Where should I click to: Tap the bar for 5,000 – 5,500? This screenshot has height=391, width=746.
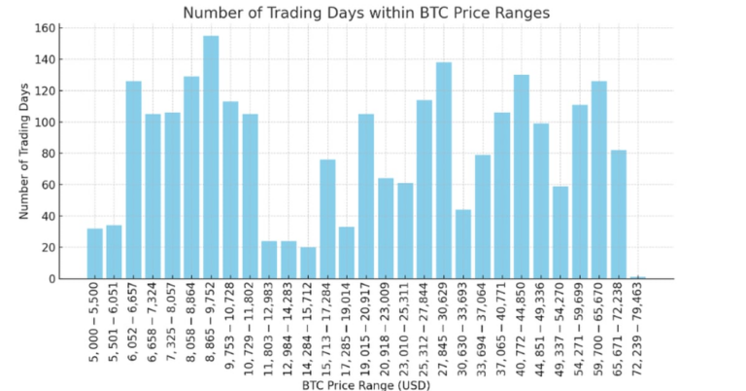pyautogui.click(x=94, y=253)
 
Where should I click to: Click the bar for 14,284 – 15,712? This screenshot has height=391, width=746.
pyautogui.click(x=308, y=263)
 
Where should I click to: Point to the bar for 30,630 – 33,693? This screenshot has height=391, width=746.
pyautogui.click(x=463, y=243)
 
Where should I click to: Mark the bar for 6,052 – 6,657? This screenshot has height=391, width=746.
pyautogui.click(x=133, y=180)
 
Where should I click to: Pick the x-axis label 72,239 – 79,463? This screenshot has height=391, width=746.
pyautogui.click(x=639, y=327)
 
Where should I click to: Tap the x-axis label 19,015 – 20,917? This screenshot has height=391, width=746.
pyautogui.click(x=367, y=327)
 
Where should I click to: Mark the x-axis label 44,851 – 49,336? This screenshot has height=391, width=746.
pyautogui.click(x=542, y=327)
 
